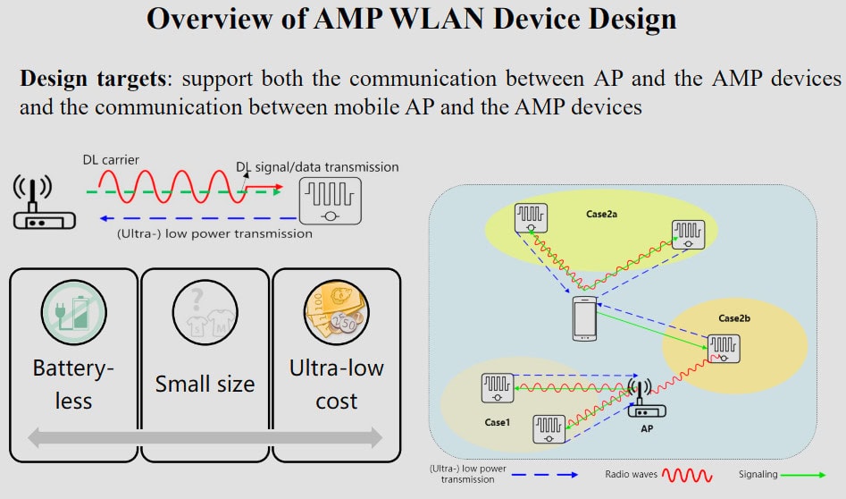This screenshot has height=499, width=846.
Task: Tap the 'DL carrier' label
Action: click(112, 160)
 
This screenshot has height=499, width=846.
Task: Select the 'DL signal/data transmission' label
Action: click(317, 167)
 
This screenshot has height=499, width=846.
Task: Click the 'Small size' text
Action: click(205, 384)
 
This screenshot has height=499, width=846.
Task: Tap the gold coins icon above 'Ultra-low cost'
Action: click(336, 315)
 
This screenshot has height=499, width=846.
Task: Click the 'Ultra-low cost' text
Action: click(336, 385)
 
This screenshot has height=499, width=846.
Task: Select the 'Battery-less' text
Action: click(73, 385)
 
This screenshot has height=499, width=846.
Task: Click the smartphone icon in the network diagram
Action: click(585, 318)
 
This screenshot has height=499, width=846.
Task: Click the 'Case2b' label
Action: click(735, 317)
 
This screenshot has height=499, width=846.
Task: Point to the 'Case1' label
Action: click(498, 422)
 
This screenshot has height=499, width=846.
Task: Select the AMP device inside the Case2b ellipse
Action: click(723, 348)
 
